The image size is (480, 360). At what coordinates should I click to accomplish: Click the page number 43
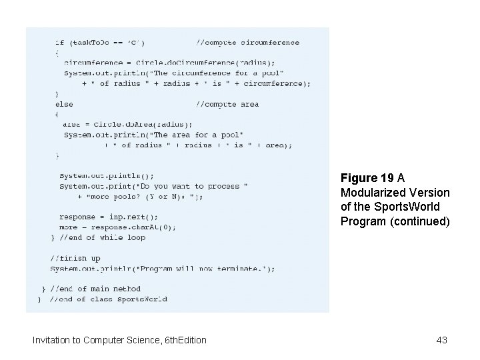(441, 340)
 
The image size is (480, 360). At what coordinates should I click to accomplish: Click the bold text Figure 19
(367, 178)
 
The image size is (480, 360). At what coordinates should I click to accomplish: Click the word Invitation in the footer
(55, 340)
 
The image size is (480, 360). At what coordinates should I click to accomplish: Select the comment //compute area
(227, 104)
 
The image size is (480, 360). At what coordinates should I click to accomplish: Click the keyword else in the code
(64, 104)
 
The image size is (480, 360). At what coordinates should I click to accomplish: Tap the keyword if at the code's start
(59, 43)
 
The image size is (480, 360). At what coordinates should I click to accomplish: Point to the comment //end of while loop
(102, 237)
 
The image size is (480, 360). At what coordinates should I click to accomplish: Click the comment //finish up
(75, 258)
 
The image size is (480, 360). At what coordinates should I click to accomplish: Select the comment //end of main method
(98, 289)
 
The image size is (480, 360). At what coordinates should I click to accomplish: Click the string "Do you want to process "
(191, 186)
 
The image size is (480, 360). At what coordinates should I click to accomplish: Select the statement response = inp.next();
(109, 217)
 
